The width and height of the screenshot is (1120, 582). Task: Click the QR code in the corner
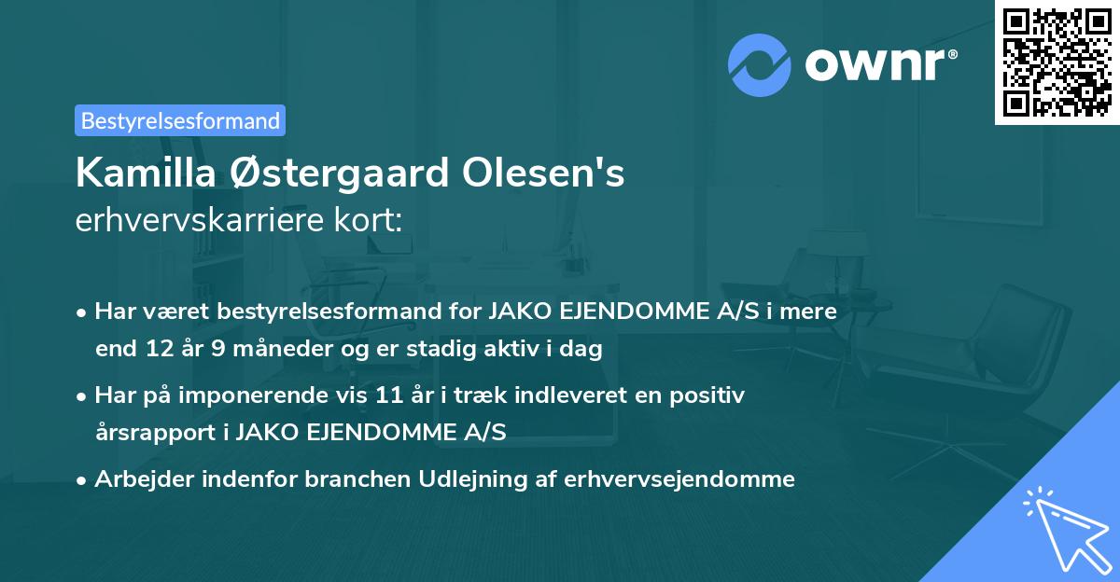1057,62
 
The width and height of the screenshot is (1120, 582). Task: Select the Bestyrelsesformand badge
180,120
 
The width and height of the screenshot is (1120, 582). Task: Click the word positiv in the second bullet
712,395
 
